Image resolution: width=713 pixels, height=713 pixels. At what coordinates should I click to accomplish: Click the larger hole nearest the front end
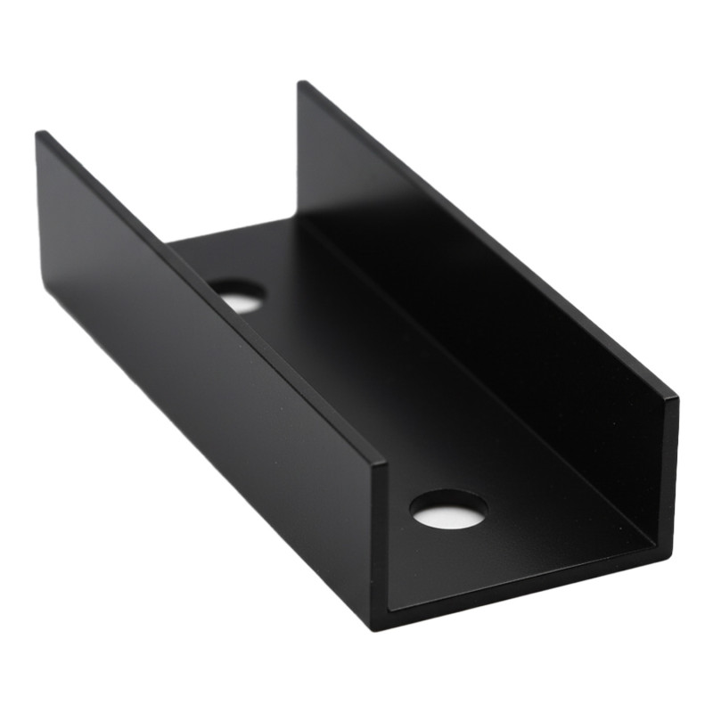pyautogui.click(x=448, y=509)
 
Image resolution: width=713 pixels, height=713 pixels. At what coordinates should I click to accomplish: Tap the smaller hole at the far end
pyautogui.click(x=238, y=294)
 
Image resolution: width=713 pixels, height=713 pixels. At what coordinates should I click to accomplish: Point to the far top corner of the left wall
pyautogui.click(x=39, y=135)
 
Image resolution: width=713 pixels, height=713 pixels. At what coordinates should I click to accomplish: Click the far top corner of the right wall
pyautogui.click(x=301, y=83)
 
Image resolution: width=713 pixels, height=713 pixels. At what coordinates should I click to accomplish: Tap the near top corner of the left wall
pyautogui.click(x=382, y=463)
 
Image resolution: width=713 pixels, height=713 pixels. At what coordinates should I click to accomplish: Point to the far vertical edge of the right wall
pyautogui.click(x=299, y=152)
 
